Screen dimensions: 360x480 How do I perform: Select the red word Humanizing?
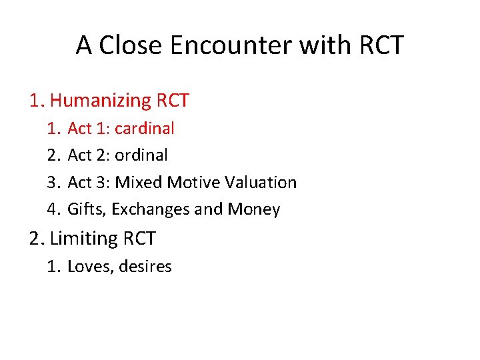pos(101,101)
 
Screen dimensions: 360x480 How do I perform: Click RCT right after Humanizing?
pos(173,101)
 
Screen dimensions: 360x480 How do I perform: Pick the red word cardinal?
pos(145,128)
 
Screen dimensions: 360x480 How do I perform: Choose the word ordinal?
pos(141,155)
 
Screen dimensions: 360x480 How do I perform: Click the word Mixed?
pos(139,182)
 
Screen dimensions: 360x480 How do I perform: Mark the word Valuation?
pos(261,182)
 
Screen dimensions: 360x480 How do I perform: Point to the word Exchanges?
pos(151,209)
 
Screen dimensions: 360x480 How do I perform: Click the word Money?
pos(254,209)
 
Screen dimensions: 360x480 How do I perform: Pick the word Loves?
pos(89,267)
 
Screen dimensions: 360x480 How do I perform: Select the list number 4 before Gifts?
pos(53,209)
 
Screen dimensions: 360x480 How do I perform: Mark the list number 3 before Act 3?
pos(53,182)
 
